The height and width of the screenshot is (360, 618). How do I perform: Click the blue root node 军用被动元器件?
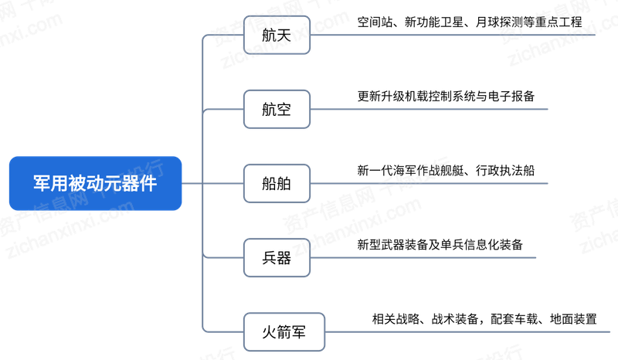click(95, 183)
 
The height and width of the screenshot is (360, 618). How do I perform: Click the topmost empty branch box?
click(277, 35)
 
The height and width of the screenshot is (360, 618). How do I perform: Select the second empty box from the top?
click(277, 109)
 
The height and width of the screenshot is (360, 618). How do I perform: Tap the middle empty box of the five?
click(277, 183)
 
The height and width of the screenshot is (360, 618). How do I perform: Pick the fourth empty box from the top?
click(277, 257)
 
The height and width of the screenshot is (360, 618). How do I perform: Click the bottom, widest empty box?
click(284, 331)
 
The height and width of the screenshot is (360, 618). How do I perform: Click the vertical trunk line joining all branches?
click(202, 147)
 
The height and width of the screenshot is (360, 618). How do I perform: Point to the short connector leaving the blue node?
click(192, 183)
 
